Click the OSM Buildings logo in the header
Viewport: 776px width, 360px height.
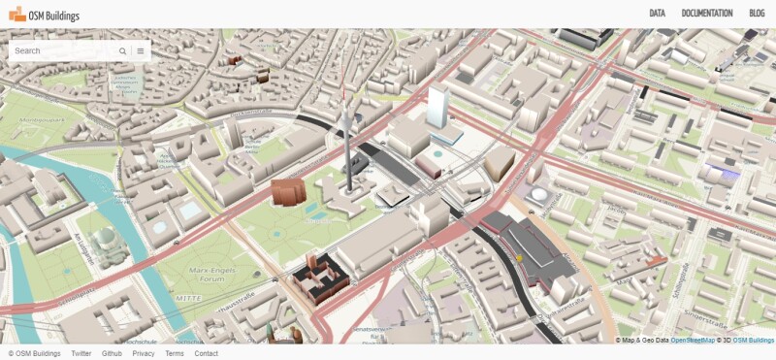(44, 15)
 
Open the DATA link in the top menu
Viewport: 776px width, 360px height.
(657, 14)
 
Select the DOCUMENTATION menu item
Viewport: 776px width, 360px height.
(707, 14)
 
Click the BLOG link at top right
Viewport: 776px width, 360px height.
(757, 14)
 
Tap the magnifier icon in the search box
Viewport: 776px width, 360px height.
(123, 50)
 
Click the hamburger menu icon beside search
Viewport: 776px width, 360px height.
(141, 50)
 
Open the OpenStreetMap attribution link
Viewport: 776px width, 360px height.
(692, 341)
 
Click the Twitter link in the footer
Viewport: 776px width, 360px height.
(81, 353)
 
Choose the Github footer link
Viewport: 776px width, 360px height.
(112, 353)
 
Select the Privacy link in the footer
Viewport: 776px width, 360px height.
(144, 353)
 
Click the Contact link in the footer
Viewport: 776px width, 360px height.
(206, 353)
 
